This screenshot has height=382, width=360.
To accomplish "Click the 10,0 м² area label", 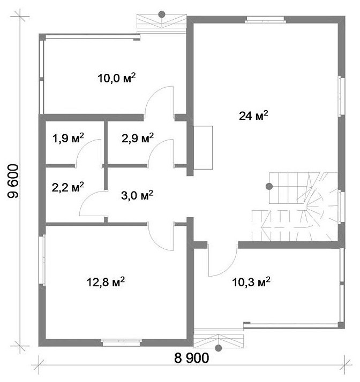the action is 117,78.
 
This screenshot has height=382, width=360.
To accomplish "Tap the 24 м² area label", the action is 253,116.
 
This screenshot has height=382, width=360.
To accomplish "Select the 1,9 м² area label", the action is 68,138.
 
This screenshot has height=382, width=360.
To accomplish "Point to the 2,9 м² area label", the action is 138,138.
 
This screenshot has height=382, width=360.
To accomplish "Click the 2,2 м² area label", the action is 68,187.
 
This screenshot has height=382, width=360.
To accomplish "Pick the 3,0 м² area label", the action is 137,195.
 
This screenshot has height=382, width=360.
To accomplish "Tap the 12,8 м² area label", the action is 106,282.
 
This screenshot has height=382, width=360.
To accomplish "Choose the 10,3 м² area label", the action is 251,282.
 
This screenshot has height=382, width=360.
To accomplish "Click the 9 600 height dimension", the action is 13,181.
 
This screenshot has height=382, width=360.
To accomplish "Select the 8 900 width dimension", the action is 192,358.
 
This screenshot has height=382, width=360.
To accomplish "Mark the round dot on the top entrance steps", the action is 161,14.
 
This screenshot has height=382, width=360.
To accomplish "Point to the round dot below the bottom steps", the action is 218,348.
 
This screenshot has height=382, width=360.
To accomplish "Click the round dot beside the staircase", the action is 269,186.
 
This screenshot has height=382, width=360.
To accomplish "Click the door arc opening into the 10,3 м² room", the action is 229,268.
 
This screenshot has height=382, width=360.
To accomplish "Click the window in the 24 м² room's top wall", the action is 265,19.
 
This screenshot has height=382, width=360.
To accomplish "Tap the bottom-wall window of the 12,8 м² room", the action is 122,342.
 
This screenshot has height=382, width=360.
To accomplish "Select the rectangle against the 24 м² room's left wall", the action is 203,148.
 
